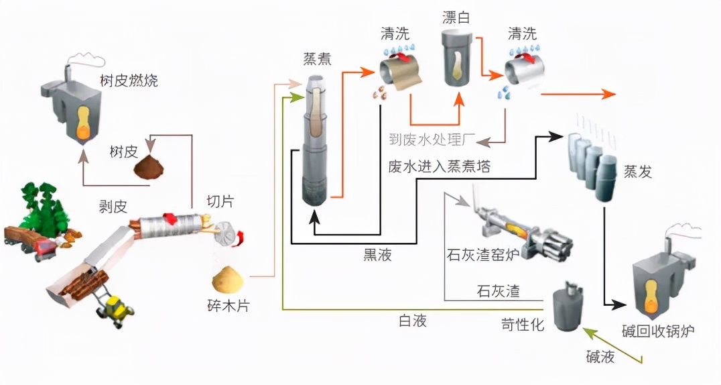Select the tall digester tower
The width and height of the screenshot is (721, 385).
316,141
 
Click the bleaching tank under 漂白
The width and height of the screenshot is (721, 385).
458,59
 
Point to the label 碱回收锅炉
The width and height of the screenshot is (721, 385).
660,331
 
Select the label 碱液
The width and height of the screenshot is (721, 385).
599,357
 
